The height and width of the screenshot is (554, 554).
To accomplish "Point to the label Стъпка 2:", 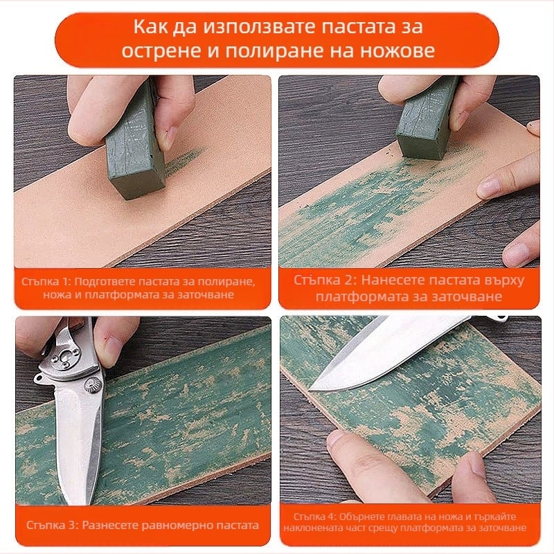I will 323,280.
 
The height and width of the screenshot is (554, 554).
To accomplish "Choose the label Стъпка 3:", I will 53,525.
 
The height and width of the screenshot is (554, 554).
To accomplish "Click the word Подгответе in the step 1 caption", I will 104,282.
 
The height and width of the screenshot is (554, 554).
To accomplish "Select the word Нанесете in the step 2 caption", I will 389,280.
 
